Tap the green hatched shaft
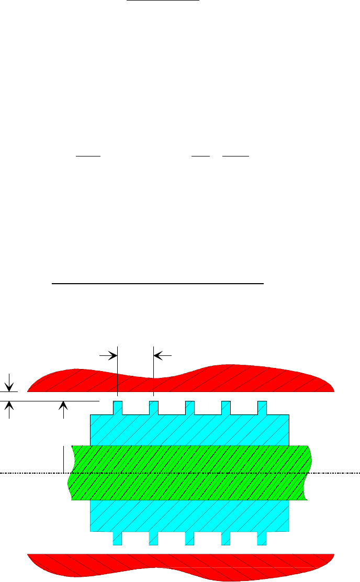tap(188, 473)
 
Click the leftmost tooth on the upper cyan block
tap(118, 408)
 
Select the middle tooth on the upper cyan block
tap(189, 408)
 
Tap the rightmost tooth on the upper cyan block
tap(262, 408)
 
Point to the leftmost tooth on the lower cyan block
tap(118, 539)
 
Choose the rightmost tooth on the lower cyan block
tap(262, 539)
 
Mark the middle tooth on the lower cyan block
tap(189, 539)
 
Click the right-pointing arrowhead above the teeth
tap(113, 355)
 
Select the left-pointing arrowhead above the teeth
tap(159, 355)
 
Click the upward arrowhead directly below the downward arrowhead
tap(9, 406)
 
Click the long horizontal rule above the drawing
tap(157, 284)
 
